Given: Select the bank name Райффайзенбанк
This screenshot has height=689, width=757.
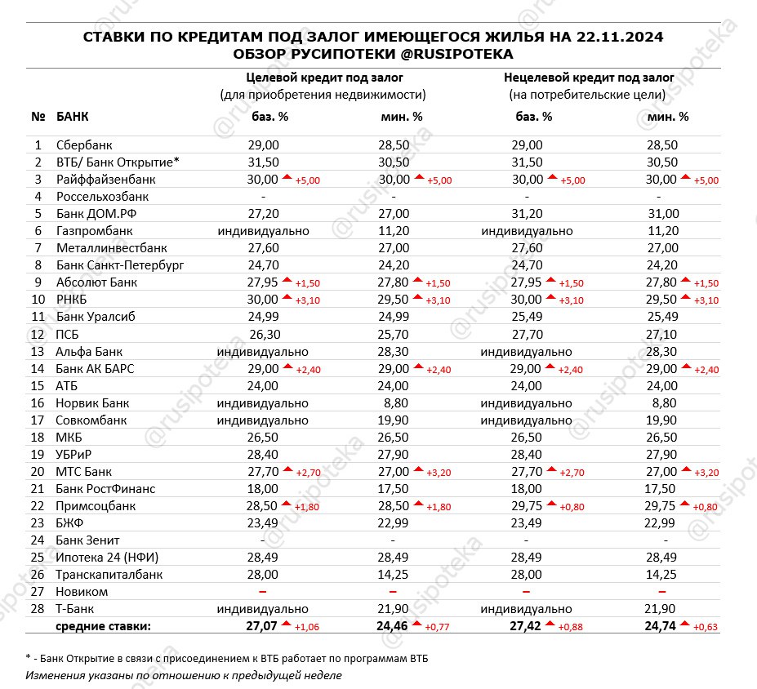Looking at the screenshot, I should coord(105,180).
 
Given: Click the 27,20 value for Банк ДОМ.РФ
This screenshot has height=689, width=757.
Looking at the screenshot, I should coord(263,214).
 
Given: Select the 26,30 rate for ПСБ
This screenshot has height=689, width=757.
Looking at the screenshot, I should coord(263,334).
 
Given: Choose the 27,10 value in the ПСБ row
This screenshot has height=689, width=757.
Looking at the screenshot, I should coord(661,334).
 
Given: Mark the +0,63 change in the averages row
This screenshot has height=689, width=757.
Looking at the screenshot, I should coord(706,628).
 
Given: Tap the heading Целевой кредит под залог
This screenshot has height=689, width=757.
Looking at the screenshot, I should coord(323,78).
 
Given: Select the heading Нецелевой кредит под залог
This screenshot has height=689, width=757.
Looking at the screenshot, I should coord(588,78).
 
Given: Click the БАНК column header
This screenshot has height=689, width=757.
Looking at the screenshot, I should coord(73,116).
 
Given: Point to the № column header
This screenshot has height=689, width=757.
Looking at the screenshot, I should coord(38,116).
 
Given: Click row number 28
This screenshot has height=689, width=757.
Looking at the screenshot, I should coord(38,609).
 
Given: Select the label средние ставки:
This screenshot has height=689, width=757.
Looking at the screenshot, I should coord(102,627).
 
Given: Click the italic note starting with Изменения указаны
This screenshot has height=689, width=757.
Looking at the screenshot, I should coord(184,675).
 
